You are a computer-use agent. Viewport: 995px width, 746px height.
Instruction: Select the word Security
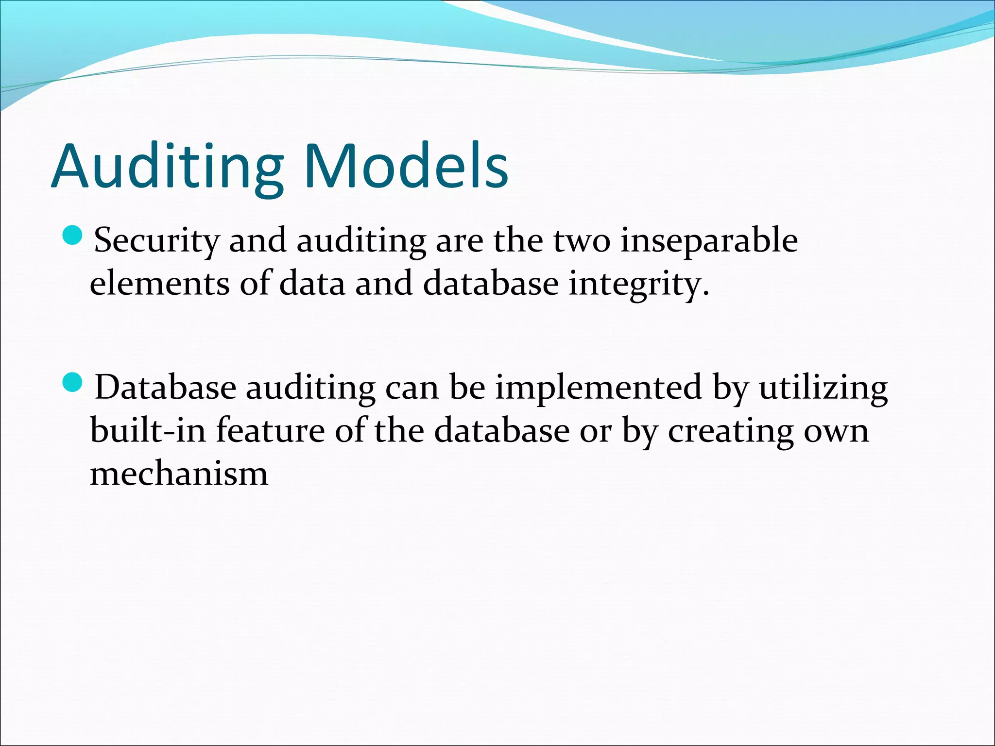[156, 241]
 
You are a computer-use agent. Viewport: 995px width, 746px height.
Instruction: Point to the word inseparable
[709, 241]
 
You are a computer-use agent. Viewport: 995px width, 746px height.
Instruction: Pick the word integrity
[639, 285]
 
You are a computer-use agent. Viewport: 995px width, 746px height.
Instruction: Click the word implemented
[599, 389]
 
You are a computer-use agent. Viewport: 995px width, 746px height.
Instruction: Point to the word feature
[270, 430]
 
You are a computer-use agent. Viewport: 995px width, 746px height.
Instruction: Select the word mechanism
[179, 473]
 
